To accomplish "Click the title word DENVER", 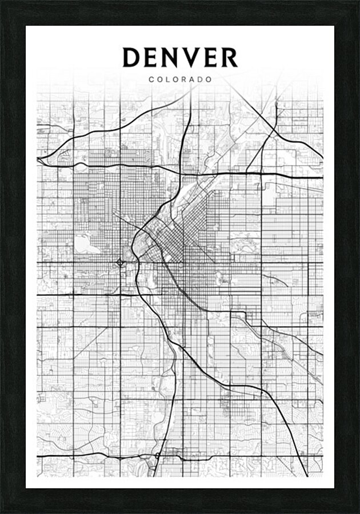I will [x=180, y=57].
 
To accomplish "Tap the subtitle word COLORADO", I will [x=180, y=79].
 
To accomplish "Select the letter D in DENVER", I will [x=133, y=57].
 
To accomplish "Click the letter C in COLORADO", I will [x=151, y=79].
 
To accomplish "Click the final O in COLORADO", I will [x=209, y=79].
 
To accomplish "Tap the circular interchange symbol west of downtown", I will [x=120, y=262].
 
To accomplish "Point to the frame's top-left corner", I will [x=2, y=2].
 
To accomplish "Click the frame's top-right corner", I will [x=358, y=2].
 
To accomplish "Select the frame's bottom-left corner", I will [x=2, y=512].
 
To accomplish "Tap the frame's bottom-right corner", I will [x=358, y=512].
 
